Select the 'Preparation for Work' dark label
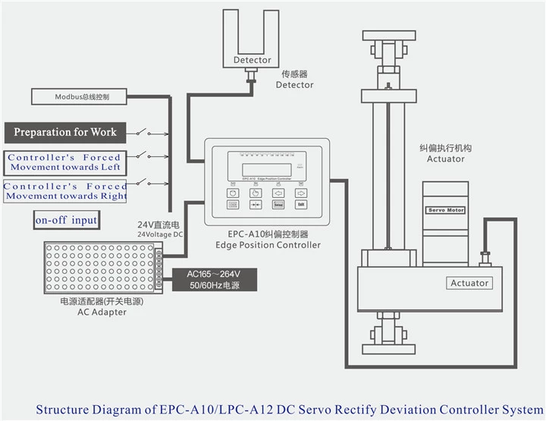[x=65, y=132]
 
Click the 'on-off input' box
[x=66, y=221]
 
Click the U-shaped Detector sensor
[x=252, y=46]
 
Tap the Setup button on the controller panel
[x=278, y=204]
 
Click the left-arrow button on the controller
[x=279, y=192]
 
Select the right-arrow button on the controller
[x=301, y=192]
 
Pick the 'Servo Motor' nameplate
[x=446, y=210]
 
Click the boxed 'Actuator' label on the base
[x=470, y=283]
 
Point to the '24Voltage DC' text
[x=160, y=235]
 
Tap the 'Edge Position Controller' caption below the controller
[x=274, y=245]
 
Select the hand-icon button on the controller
[x=256, y=192]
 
